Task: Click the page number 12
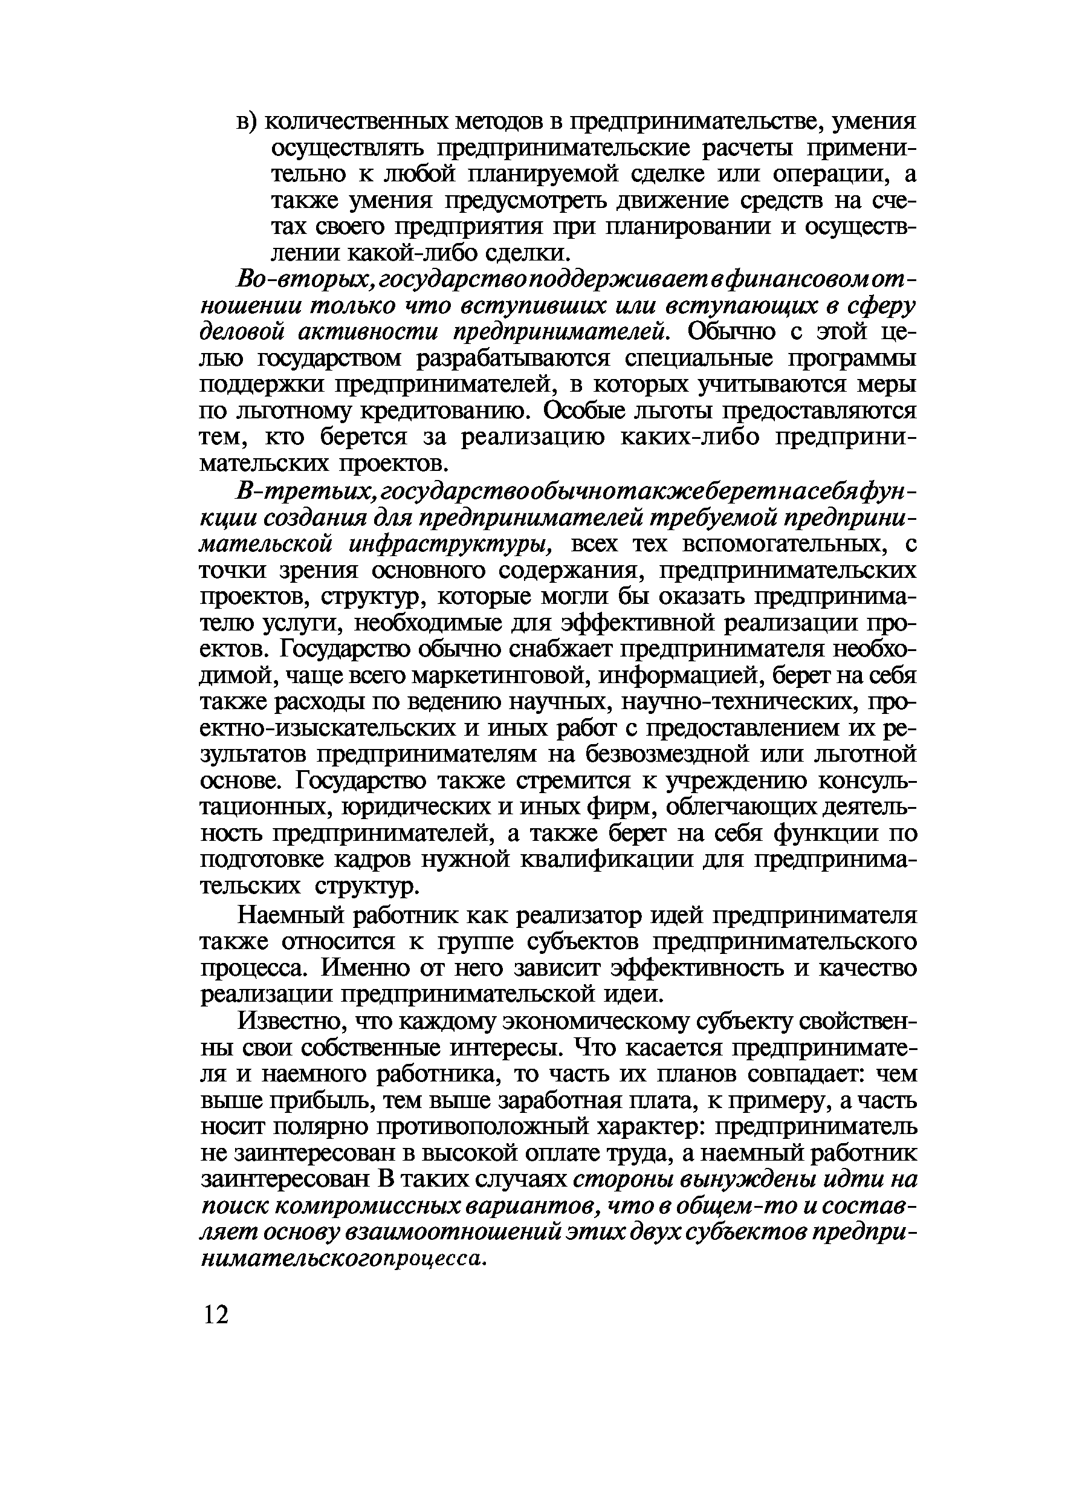pyautogui.click(x=216, y=1315)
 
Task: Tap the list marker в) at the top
pyautogui.click(x=248, y=122)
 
